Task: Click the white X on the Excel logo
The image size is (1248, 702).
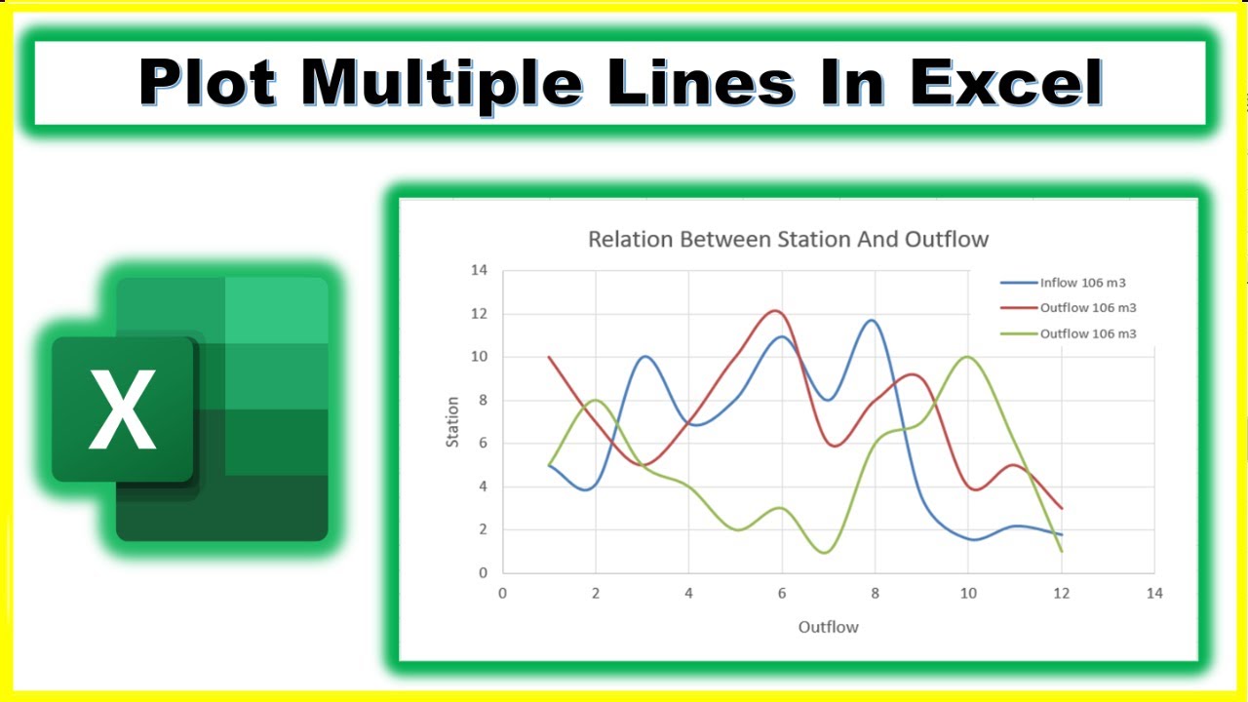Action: (122, 409)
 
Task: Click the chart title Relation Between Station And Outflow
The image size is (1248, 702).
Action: (788, 239)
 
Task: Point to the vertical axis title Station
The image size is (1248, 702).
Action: (452, 421)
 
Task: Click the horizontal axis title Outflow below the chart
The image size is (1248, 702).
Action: (828, 627)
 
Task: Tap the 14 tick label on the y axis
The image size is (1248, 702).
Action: (479, 271)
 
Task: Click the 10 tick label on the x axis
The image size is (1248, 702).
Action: (967, 593)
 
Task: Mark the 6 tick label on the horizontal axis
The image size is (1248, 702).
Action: (781, 593)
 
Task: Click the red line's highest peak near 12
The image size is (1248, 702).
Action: (776, 311)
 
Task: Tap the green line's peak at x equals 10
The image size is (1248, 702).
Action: (966, 357)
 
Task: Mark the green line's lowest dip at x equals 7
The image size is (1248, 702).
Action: (826, 553)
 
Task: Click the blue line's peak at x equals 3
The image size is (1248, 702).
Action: (644, 357)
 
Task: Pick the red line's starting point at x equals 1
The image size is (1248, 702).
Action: (550, 357)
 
